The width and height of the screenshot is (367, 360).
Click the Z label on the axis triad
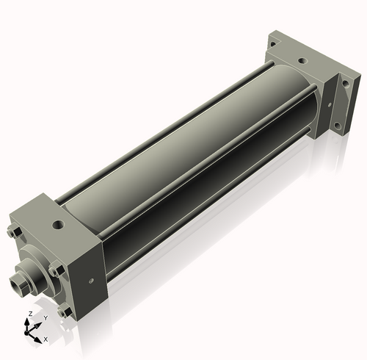(x=29, y=314)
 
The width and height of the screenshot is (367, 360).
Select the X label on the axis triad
(x=46, y=339)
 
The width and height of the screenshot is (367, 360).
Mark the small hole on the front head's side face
(x=90, y=279)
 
